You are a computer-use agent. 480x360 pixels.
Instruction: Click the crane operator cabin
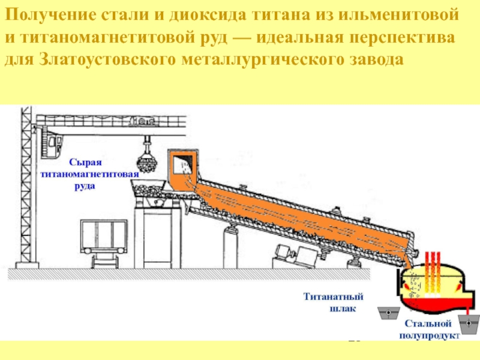click(x=55, y=144)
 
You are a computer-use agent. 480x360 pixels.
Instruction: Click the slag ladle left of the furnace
click(x=389, y=314)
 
